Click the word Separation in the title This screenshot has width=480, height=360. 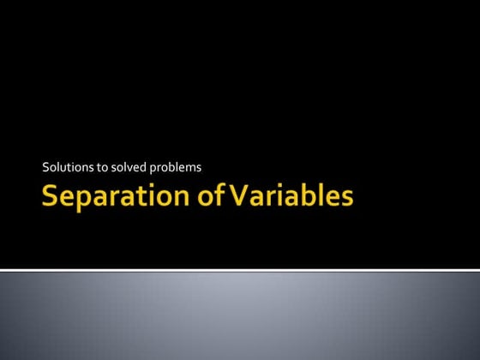(x=114, y=198)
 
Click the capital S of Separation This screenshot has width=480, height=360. (x=51, y=198)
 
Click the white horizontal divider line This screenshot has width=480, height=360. (x=240, y=269)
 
